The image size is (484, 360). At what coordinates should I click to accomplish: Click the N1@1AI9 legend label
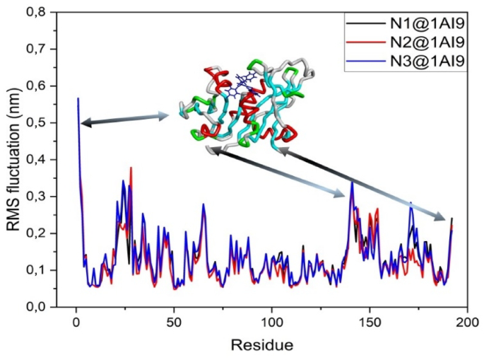tap(429, 22)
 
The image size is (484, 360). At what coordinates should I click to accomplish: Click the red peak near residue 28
tap(131, 168)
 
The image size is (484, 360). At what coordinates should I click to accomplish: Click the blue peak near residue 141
tap(352, 182)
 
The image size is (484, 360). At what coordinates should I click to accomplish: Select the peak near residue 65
tap(203, 204)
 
